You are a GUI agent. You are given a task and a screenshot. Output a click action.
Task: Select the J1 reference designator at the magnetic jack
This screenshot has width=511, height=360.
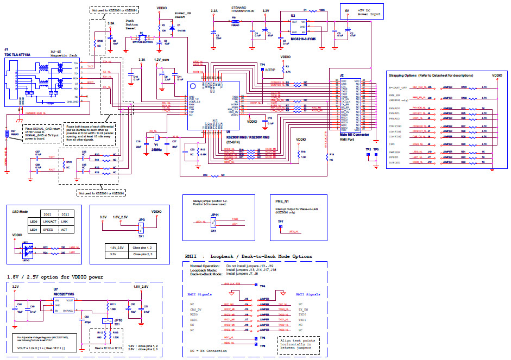(x=7, y=49)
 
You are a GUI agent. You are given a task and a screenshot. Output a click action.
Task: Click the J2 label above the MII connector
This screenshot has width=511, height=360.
(x=342, y=74)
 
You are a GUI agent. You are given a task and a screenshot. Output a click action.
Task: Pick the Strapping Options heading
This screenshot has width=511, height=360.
(x=430, y=75)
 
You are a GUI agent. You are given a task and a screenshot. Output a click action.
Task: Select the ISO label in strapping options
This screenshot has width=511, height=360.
(x=391, y=144)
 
